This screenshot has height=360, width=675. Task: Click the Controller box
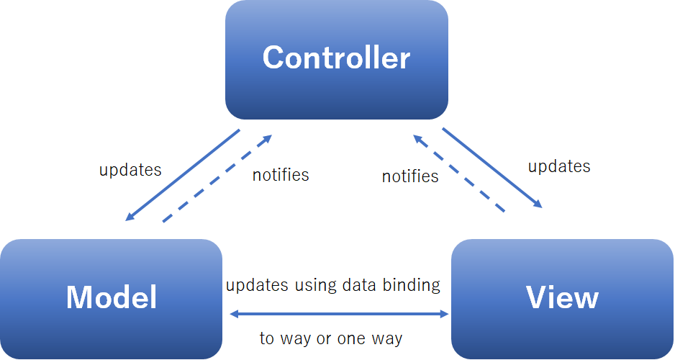click(337, 60)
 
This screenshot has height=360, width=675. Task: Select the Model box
click(111, 299)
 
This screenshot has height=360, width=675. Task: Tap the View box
click(562, 299)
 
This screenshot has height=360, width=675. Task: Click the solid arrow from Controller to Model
click(183, 175)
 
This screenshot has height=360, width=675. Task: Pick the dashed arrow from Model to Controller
click(217, 179)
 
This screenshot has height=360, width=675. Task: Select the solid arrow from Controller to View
click(492, 168)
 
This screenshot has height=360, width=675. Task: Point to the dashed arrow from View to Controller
click(459, 174)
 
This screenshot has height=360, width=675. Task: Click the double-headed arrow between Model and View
click(339, 314)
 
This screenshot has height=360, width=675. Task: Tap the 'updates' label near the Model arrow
click(130, 170)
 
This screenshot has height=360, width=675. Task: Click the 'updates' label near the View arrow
click(559, 166)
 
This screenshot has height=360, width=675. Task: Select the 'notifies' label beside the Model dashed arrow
click(281, 175)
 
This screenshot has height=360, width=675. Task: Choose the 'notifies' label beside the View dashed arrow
click(410, 176)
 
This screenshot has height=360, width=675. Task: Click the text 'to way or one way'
click(331, 338)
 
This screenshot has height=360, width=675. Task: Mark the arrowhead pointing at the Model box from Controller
click(129, 217)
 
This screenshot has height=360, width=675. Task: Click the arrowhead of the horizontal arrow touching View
click(444, 314)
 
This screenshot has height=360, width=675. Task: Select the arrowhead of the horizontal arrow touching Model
click(235, 314)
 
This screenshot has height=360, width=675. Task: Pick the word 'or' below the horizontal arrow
click(324, 339)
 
